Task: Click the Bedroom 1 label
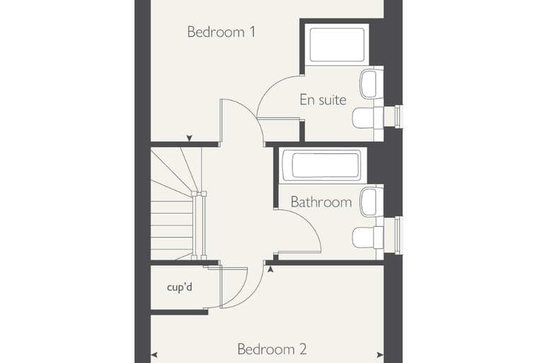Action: (x=222, y=32)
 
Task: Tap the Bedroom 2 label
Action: (x=272, y=350)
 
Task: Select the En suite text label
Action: (x=323, y=100)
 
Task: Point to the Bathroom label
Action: (x=321, y=202)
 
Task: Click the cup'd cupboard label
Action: (x=179, y=286)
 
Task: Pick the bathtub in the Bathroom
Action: (x=323, y=165)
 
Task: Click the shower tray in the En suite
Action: (x=336, y=45)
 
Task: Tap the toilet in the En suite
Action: (x=367, y=118)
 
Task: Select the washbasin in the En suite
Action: (x=372, y=84)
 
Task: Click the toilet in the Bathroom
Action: (x=367, y=238)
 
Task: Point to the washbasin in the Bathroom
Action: (x=372, y=202)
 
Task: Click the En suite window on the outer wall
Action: (x=399, y=116)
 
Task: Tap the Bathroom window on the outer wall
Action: (x=399, y=235)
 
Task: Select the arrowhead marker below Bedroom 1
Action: (x=189, y=138)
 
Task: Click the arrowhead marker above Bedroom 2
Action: (x=270, y=269)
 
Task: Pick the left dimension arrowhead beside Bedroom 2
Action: (x=154, y=354)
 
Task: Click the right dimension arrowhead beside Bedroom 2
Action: (x=380, y=354)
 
